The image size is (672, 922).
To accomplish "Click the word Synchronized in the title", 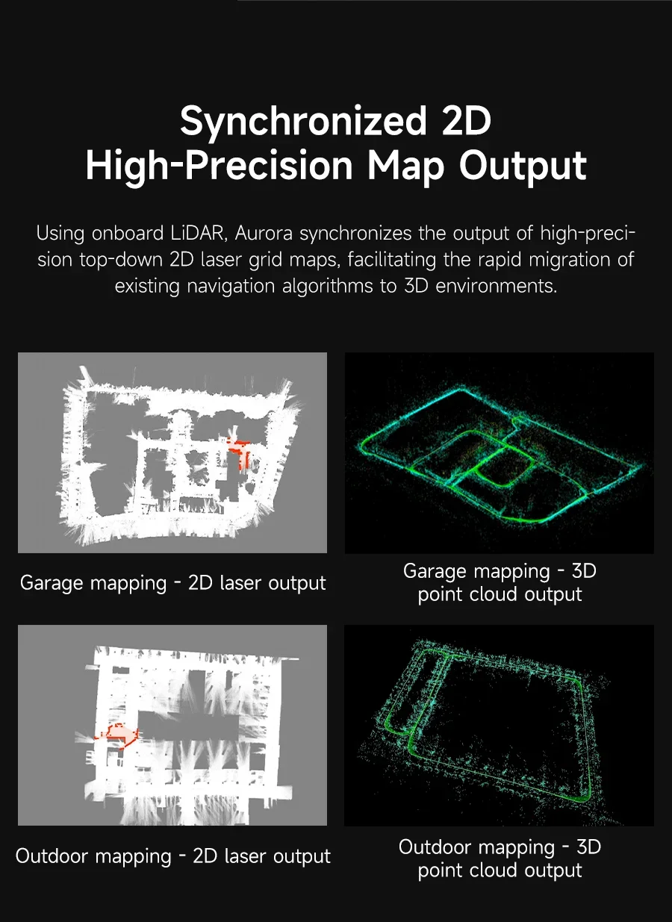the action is [x=303, y=122].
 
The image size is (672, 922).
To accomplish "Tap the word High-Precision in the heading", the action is [x=219, y=166].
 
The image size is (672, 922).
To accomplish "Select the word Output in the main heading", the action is [x=523, y=166].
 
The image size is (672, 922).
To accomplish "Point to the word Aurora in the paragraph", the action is [x=264, y=234].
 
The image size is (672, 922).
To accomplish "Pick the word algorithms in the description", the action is [x=327, y=287].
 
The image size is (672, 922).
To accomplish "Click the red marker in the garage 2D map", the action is [x=239, y=452].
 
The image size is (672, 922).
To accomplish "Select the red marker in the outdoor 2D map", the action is [x=117, y=735].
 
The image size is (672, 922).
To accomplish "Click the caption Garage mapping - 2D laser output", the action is [x=173, y=583].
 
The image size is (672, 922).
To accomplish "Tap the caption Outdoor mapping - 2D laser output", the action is [x=173, y=856].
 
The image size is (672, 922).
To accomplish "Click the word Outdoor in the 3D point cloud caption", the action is [x=435, y=847].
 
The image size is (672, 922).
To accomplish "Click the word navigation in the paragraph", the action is [x=231, y=287].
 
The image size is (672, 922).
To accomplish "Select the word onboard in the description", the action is [x=128, y=234].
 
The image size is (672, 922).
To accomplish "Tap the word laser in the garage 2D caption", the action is [x=240, y=583].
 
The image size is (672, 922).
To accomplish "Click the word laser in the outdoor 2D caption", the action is [x=246, y=856].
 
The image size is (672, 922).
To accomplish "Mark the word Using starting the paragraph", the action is [x=60, y=234].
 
